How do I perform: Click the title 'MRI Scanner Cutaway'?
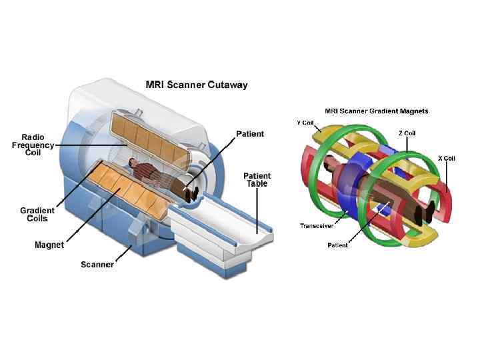[x=197, y=85]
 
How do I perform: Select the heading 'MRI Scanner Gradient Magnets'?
[x=376, y=111]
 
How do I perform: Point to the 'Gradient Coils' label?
[x=37, y=215]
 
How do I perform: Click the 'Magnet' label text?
[x=49, y=245]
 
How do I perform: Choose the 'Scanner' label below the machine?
[x=97, y=265]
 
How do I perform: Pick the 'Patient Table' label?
[x=257, y=179]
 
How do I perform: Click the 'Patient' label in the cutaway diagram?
[x=250, y=134]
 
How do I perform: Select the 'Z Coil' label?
[x=408, y=133]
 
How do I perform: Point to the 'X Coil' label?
[x=447, y=158]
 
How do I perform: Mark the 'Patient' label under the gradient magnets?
[x=337, y=245]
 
